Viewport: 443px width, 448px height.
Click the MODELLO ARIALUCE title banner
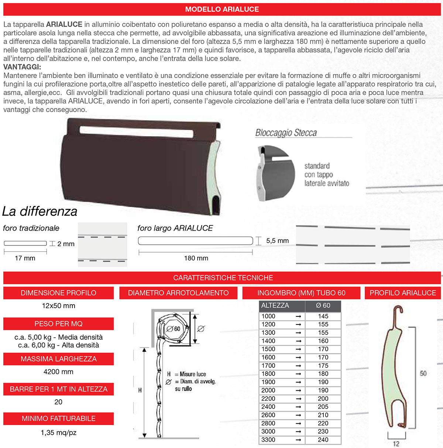(x=222, y=9)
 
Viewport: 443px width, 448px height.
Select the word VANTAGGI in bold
(x=22, y=67)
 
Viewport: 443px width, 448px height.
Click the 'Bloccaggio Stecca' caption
(x=286, y=133)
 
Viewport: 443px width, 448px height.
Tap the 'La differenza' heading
(x=40, y=211)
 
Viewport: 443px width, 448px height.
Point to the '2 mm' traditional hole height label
(x=66, y=244)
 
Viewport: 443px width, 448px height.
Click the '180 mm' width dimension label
(x=196, y=258)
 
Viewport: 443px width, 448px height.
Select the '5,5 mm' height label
(x=277, y=241)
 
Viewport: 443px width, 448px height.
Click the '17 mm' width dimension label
(x=25, y=258)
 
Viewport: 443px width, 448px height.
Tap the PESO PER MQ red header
(x=58, y=324)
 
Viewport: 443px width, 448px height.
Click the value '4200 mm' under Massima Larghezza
(x=58, y=372)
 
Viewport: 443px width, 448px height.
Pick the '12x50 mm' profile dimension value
(x=58, y=306)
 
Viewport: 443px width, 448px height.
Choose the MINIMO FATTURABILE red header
(x=58, y=418)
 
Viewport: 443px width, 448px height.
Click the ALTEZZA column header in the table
(x=275, y=306)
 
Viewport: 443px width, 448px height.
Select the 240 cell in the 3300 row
(x=323, y=440)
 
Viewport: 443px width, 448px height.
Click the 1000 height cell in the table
(x=268, y=316)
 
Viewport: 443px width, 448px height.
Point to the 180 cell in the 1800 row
(x=323, y=374)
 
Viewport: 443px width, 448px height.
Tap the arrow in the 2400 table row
(x=298, y=407)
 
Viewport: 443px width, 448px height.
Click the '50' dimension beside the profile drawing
(x=423, y=374)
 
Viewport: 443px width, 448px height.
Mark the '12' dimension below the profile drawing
(x=396, y=444)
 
